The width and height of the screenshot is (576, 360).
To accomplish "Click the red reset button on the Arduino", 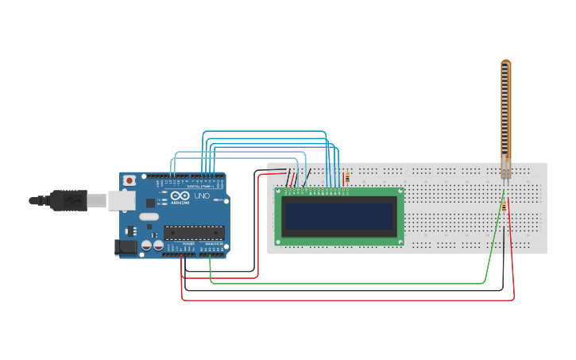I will click(x=130, y=181).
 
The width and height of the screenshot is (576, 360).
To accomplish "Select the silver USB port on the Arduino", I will click(x=122, y=200).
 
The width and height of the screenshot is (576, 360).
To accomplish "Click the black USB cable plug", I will click(x=68, y=200).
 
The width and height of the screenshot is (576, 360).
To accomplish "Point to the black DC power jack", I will click(x=125, y=248).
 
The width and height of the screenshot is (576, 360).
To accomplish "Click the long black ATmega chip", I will click(x=194, y=233).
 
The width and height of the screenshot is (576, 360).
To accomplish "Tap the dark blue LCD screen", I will click(x=339, y=216).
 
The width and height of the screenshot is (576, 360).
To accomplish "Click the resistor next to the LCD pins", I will click(x=346, y=178).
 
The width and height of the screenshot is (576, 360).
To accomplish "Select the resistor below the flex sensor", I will click(x=504, y=207).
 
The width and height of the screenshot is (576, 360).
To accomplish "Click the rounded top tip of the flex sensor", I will click(x=505, y=63).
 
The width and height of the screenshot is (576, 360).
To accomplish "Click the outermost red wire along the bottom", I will click(x=350, y=300).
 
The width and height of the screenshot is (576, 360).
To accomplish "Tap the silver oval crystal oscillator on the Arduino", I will click(x=149, y=216).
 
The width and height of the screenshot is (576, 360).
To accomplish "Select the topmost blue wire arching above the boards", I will click(x=262, y=131).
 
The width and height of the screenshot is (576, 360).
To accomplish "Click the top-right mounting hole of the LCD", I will click(x=400, y=192).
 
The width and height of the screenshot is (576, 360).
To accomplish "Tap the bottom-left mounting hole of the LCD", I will click(x=279, y=242).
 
